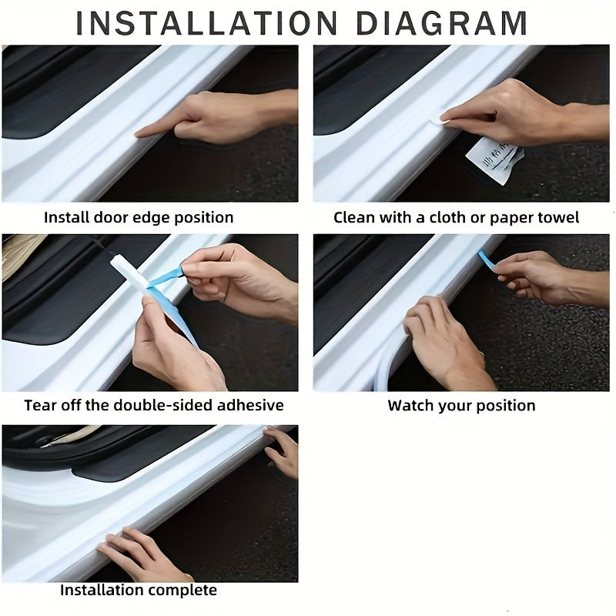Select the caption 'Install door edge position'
[x=139, y=218]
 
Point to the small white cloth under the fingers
[x=446, y=118]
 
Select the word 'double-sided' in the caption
[x=163, y=405]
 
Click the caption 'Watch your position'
[x=461, y=405]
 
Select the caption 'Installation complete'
[x=139, y=591]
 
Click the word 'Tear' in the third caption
[x=39, y=405]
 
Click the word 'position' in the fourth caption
[x=504, y=405]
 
